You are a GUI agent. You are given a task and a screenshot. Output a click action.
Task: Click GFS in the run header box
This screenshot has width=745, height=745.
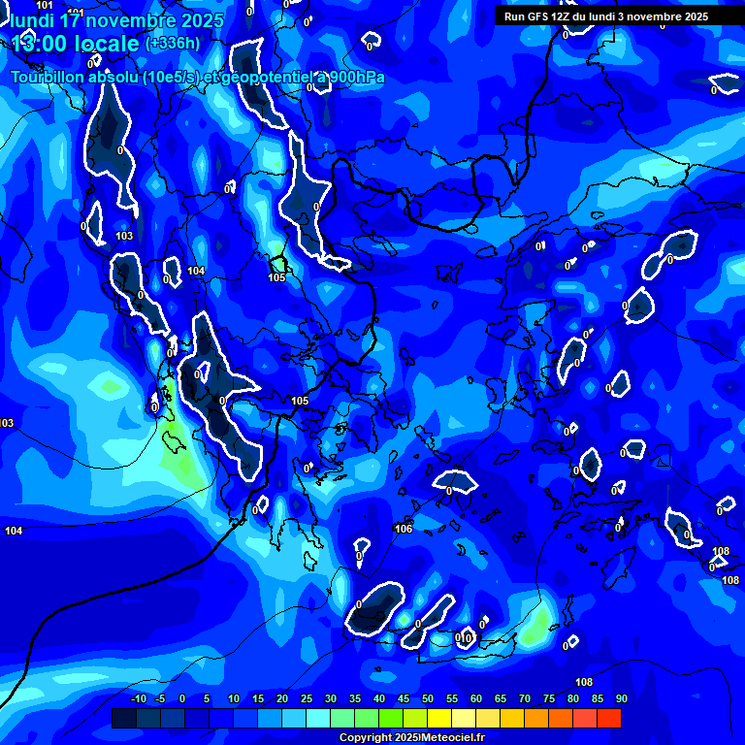tap(538, 16)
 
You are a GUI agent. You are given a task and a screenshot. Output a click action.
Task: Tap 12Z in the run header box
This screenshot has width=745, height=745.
tap(564, 16)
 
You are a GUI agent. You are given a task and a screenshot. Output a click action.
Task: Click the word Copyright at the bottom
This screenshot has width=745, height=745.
tap(366, 738)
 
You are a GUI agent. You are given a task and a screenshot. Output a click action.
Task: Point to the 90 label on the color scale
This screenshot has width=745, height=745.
tap(621, 699)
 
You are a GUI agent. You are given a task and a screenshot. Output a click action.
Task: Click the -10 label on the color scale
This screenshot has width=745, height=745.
tap(139, 699)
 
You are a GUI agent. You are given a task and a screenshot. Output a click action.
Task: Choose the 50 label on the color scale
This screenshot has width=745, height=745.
tap(428, 699)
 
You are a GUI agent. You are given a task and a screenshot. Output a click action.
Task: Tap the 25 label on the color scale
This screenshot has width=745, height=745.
tap(307, 699)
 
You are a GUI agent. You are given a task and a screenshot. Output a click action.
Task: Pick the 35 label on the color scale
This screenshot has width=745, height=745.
tap(355, 699)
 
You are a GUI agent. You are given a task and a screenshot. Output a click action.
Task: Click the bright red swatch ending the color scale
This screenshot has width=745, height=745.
tap(608, 718)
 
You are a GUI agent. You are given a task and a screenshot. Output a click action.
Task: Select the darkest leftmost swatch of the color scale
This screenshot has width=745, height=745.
tap(123, 718)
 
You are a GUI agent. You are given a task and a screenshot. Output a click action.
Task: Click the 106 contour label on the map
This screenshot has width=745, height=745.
tap(405, 529)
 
